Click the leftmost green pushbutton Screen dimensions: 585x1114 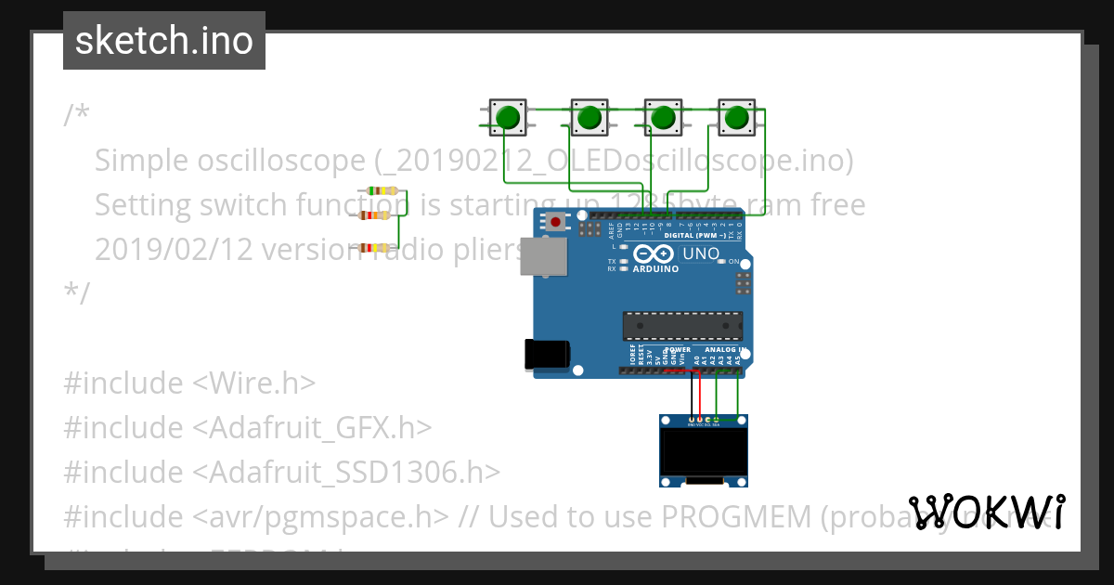pyautogui.click(x=507, y=118)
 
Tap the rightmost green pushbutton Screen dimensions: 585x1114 pyautogui.click(x=736, y=118)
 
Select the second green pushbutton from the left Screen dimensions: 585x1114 pyautogui.click(x=589, y=118)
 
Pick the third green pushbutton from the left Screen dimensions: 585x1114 pyautogui.click(x=662, y=118)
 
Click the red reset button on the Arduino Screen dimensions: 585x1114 pyautogui.click(x=555, y=221)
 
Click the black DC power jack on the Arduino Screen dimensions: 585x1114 pyautogui.click(x=546, y=355)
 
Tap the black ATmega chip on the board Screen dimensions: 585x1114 pyautogui.click(x=682, y=327)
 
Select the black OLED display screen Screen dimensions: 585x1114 pyautogui.click(x=702, y=452)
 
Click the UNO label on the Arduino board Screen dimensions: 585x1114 pyautogui.click(x=701, y=253)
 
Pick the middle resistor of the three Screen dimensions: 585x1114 pyautogui.click(x=374, y=215)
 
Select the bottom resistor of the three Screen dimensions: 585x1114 pyautogui.click(x=374, y=248)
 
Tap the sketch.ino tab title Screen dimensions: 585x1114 pyautogui.click(x=164, y=41)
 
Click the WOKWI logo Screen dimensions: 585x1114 pyautogui.click(x=986, y=512)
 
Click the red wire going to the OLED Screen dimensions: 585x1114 pyautogui.click(x=701, y=395)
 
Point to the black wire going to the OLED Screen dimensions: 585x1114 pyautogui.click(x=693, y=395)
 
